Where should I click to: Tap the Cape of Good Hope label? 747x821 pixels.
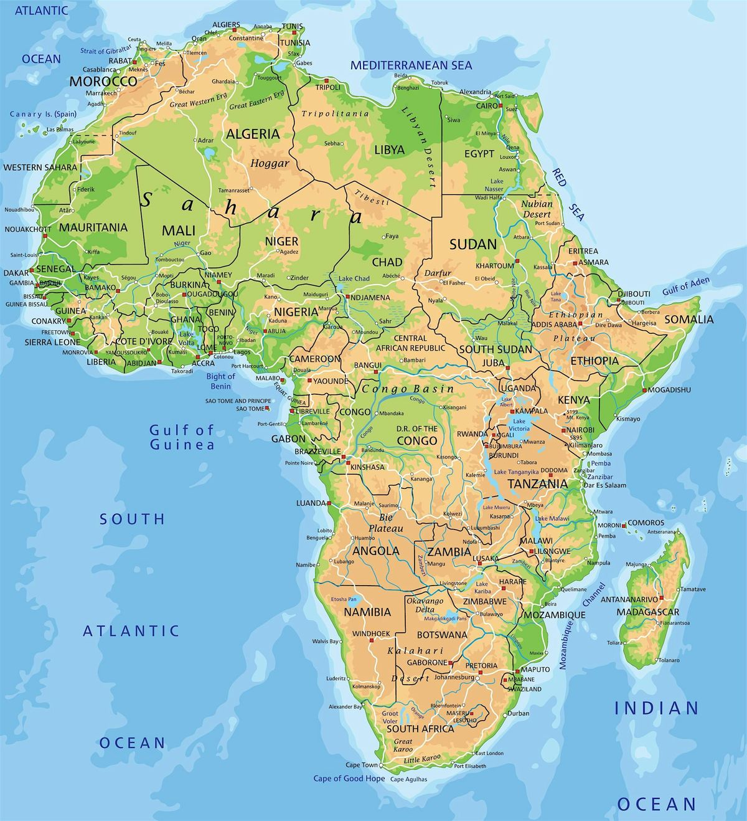click(349, 778)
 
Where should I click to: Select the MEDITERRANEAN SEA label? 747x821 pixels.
click(411, 65)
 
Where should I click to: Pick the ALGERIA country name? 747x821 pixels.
click(253, 134)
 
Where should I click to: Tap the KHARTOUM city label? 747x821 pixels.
click(494, 266)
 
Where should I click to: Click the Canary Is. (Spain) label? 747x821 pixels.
click(42, 115)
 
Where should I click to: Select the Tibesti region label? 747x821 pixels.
click(372, 197)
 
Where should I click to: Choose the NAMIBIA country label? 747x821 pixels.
click(367, 612)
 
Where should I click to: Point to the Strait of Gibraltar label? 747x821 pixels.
click(106, 49)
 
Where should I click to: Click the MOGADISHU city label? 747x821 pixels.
click(670, 390)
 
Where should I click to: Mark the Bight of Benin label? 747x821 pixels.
click(220, 381)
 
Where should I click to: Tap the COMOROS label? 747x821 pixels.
click(646, 523)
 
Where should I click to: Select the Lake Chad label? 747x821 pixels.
click(354, 278)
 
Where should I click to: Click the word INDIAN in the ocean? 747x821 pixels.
click(657, 708)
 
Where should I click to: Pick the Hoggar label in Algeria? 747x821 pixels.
click(270, 164)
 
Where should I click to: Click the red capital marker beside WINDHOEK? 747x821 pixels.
click(370, 640)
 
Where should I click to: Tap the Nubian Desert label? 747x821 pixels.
click(537, 209)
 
